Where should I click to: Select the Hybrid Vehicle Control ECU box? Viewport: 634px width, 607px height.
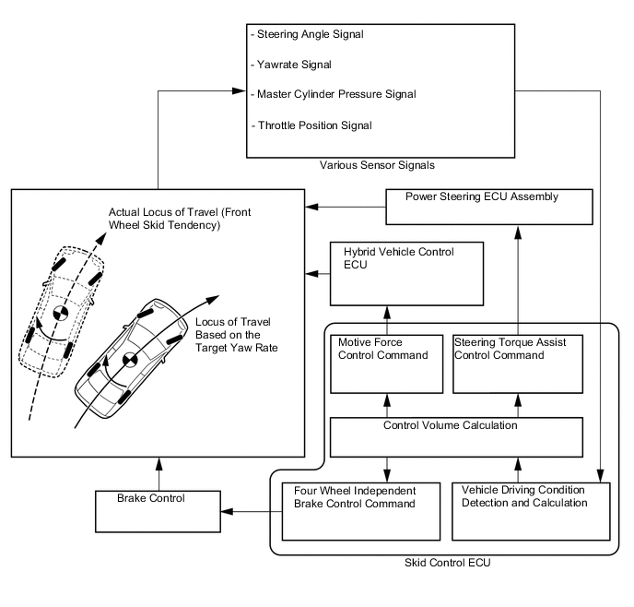click(406, 273)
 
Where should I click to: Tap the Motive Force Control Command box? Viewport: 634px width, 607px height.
click(386, 363)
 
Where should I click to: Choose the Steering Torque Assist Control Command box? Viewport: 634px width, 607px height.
click(517, 363)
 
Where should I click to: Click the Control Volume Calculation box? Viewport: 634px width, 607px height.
click(456, 436)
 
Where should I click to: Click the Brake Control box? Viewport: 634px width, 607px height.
click(158, 510)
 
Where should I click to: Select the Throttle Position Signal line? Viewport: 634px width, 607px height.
click(315, 125)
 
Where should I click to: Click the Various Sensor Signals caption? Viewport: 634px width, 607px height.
click(377, 166)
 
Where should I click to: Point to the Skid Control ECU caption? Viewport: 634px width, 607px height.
click(443, 564)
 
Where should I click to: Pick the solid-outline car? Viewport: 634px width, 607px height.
click(129, 360)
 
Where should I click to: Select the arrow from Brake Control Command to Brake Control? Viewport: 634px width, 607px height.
click(251, 510)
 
